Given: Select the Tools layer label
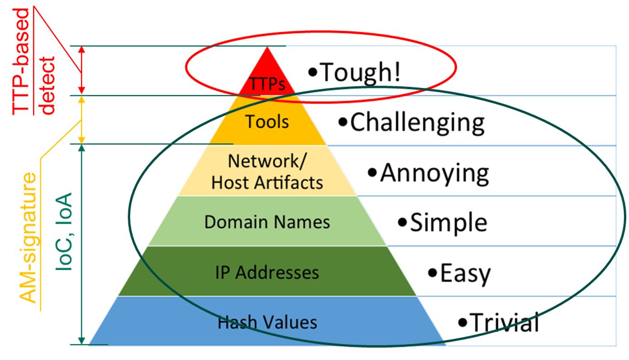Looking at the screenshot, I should (x=267, y=122).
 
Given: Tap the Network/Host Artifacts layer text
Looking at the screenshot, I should (x=267, y=172).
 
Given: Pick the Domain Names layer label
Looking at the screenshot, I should (x=267, y=222).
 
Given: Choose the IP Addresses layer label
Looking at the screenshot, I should (x=267, y=272).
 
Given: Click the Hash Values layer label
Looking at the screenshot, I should (x=267, y=323).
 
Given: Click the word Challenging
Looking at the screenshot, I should (x=417, y=122).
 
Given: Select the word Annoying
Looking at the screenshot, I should (x=434, y=173).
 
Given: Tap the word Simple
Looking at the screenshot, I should (x=448, y=223).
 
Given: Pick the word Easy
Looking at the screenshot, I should (x=465, y=273).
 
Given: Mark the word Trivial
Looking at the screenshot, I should (x=504, y=322).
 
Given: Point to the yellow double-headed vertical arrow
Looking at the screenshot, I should (x=82, y=120).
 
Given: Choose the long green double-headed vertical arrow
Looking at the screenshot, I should (x=82, y=244).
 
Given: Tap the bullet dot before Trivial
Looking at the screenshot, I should (x=463, y=322).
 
